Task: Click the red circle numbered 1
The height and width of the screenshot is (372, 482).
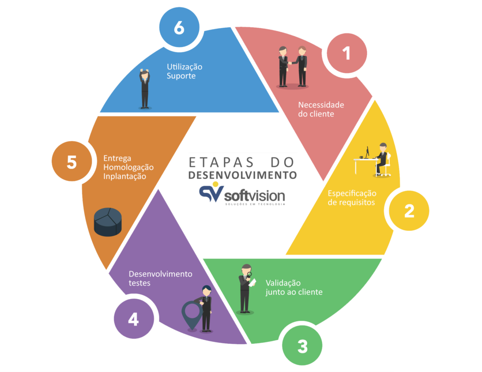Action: click(347, 54)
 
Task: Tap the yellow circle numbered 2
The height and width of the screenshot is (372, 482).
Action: click(409, 210)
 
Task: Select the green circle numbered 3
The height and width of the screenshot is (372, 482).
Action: click(302, 346)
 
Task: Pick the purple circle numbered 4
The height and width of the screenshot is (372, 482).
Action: click(134, 319)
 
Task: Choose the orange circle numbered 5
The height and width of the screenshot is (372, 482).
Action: click(72, 162)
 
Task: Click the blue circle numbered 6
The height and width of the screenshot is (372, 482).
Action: click(179, 28)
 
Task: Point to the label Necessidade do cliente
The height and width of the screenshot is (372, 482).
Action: click(321, 109)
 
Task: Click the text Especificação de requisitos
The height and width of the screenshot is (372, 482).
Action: click(352, 198)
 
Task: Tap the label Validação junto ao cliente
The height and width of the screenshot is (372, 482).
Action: click(294, 287)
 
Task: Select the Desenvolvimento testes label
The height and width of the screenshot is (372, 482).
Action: click(160, 279)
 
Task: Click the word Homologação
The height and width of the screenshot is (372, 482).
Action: click(128, 167)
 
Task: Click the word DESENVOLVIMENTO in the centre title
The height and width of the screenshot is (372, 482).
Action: click(242, 175)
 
